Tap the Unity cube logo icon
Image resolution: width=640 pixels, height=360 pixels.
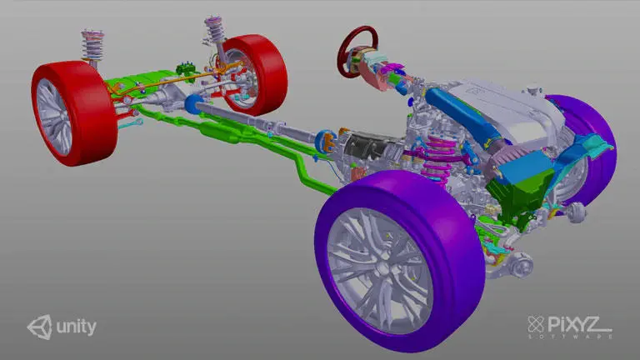point(40,327)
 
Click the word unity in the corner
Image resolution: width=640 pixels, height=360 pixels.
point(77,327)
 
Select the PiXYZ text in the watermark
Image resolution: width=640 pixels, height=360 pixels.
point(574,324)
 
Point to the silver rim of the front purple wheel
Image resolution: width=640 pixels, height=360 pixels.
point(380,270)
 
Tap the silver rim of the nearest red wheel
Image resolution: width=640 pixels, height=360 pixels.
point(53,117)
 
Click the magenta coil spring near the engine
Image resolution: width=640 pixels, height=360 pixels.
point(437,159)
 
